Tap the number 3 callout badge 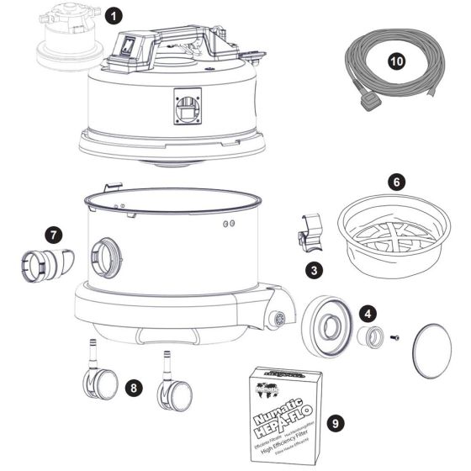313,270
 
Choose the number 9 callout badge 336,423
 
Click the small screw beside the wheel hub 395,338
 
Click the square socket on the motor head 188,106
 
